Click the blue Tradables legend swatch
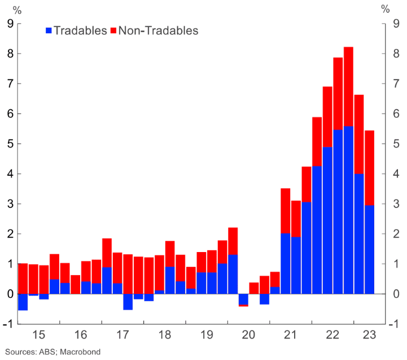[49, 31]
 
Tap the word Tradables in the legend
[80, 31]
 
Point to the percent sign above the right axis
[386, 9]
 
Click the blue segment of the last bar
[369, 249]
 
